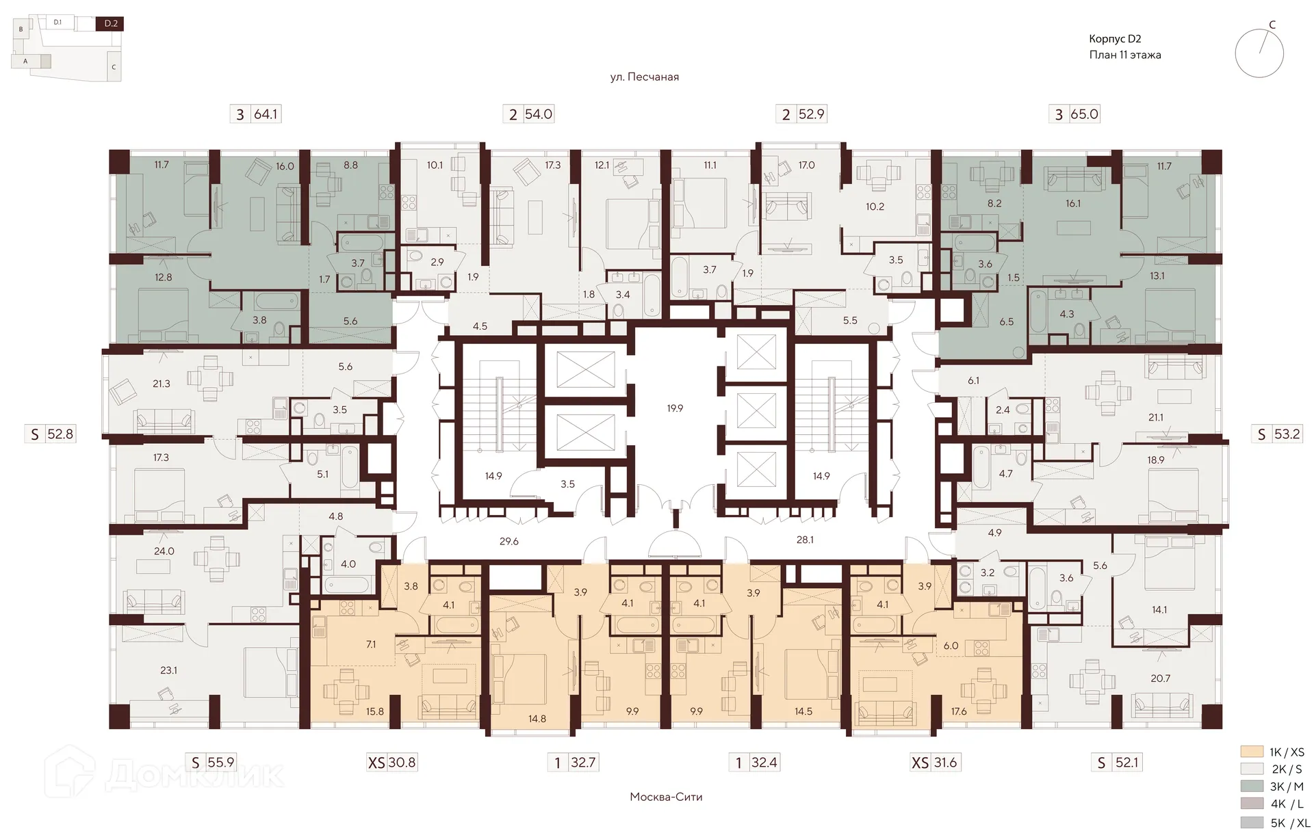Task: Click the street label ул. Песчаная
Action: click(644, 77)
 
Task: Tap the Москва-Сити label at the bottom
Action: click(666, 797)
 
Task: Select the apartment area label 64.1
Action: click(266, 114)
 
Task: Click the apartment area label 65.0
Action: click(1085, 114)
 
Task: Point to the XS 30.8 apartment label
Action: click(391, 763)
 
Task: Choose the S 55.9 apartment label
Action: click(212, 763)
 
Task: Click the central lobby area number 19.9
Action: click(675, 408)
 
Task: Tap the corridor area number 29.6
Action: click(508, 541)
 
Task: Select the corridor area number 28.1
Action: click(804, 540)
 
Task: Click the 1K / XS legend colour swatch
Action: click(1251, 752)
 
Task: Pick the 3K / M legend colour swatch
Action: click(1251, 786)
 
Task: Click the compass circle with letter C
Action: click(1259, 53)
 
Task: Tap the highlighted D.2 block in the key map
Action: click(111, 24)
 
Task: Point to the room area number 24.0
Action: click(164, 551)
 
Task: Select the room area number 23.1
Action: click(168, 670)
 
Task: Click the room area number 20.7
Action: click(1161, 678)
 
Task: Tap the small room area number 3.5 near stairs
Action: click(567, 484)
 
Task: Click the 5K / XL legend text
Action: click(1290, 823)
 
